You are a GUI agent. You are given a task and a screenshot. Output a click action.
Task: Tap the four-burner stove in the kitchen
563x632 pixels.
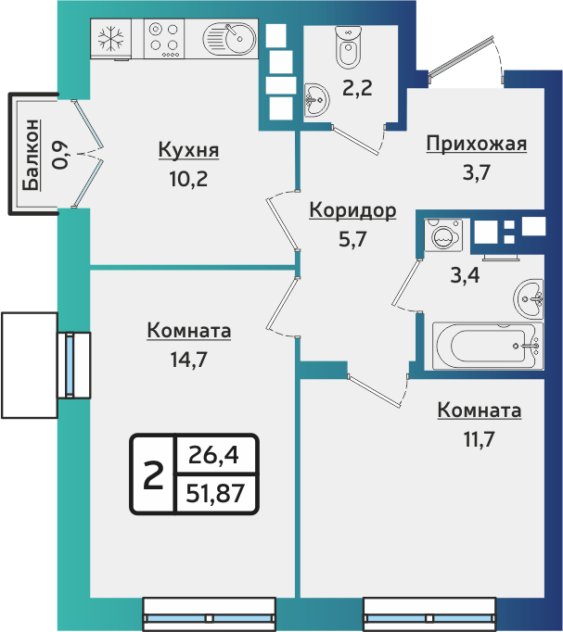click(164, 40)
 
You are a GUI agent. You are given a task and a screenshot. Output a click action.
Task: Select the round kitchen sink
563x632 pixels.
click(229, 40)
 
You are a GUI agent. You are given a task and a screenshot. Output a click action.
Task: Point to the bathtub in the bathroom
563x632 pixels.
click(486, 346)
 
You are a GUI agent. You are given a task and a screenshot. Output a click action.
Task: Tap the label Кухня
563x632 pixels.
click(188, 150)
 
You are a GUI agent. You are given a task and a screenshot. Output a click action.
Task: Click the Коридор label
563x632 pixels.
click(352, 210)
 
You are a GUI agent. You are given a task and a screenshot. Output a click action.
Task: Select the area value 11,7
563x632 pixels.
click(479, 437)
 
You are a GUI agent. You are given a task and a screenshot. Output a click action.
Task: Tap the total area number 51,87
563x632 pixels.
click(215, 493)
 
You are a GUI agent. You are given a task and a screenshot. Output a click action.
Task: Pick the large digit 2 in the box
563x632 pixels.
click(152, 474)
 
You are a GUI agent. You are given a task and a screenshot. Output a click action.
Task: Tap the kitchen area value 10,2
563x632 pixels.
click(188, 178)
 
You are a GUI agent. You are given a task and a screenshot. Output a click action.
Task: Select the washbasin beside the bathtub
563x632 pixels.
click(530, 298)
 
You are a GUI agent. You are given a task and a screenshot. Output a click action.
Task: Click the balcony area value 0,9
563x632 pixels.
click(60, 154)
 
